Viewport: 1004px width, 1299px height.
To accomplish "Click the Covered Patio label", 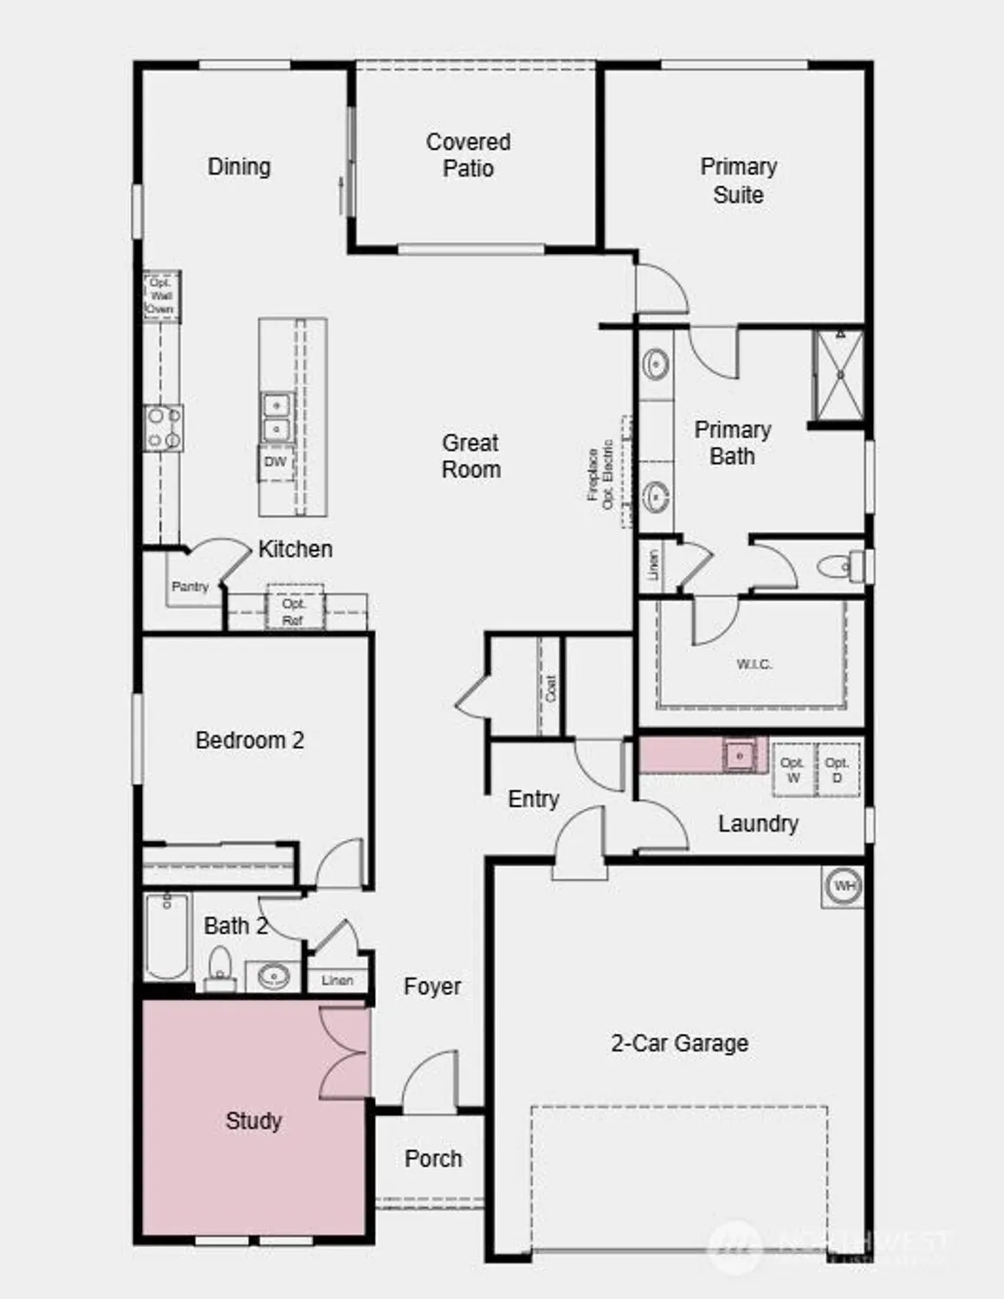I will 468,155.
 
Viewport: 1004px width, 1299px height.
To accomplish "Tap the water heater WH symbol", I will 843,886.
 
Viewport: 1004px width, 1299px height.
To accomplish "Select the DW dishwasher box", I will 275,462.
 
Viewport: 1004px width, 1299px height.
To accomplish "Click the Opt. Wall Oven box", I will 161,296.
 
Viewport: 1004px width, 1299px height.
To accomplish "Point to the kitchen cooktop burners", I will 163,429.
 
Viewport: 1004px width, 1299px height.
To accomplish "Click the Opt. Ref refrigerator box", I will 293,611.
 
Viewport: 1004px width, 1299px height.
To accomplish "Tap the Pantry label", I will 190,586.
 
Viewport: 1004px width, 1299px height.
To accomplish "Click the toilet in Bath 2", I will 221,968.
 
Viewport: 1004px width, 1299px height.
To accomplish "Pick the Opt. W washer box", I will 793,770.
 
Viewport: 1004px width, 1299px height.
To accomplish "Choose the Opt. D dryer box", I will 837,770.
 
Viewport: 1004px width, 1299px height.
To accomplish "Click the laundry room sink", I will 740,754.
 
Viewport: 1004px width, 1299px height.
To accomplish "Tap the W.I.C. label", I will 754,664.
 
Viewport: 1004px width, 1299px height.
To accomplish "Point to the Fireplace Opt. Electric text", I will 601,475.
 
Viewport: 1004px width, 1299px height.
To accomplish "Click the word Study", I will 254,1121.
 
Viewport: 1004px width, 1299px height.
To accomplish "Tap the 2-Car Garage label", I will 679,1044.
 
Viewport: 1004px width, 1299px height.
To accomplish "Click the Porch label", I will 433,1159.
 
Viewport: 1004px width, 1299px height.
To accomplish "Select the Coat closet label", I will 551,688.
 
